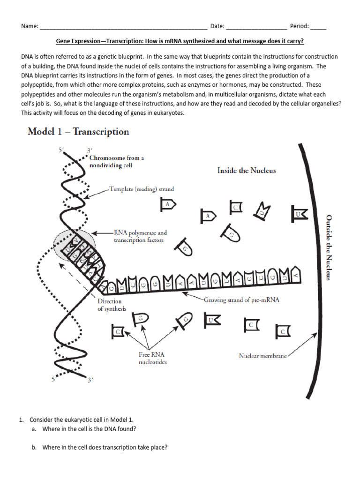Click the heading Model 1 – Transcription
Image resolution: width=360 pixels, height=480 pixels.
click(x=78, y=132)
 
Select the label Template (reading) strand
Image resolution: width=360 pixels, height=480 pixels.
click(x=141, y=189)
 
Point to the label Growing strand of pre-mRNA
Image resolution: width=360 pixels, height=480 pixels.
click(x=241, y=300)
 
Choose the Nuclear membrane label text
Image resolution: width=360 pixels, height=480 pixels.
click(x=262, y=356)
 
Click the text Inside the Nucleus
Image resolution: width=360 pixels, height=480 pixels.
click(x=247, y=171)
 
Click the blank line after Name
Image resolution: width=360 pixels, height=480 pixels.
click(x=124, y=27)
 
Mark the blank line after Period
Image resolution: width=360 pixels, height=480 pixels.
click(x=318, y=27)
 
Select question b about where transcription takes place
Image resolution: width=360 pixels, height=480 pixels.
click(x=104, y=448)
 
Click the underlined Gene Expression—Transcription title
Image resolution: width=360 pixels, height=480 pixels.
click(x=180, y=42)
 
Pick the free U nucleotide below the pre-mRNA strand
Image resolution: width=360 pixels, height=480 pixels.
click(x=212, y=321)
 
